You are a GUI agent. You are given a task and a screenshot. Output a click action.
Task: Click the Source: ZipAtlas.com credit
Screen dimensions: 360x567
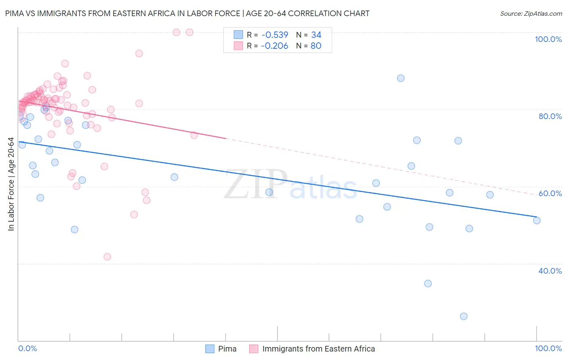click(531, 13)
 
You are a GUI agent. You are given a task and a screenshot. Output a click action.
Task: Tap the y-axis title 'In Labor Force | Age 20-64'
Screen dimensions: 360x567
click(11, 184)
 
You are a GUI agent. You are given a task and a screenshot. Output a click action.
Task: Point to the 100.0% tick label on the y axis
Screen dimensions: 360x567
click(548, 39)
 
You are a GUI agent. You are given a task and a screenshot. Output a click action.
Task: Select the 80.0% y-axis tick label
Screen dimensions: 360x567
click(550, 116)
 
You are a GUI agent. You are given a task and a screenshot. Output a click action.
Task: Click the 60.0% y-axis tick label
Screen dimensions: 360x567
click(550, 193)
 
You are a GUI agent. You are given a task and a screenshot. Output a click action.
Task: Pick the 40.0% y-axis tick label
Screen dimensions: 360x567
click(550, 271)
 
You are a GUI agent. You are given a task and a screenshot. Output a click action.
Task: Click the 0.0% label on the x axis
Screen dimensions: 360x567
click(27, 348)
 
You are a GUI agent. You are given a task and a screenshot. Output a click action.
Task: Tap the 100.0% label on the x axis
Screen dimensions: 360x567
click(548, 348)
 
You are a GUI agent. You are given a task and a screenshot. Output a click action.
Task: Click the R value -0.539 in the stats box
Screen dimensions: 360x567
click(274, 35)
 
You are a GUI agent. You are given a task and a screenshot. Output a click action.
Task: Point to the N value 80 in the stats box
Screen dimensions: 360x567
click(316, 46)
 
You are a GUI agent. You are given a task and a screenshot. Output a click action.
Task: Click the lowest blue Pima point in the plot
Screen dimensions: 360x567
click(464, 316)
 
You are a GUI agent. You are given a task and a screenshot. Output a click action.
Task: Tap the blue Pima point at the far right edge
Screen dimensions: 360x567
click(537, 220)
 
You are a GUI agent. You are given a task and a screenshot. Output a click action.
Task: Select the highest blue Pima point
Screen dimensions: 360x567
click(400, 78)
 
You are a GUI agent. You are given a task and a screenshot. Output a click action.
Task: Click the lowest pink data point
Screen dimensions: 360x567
click(107, 257)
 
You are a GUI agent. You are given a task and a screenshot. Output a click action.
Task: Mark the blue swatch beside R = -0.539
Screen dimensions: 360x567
click(238, 35)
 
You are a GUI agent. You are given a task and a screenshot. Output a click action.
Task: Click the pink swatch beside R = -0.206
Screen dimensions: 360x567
click(238, 46)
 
